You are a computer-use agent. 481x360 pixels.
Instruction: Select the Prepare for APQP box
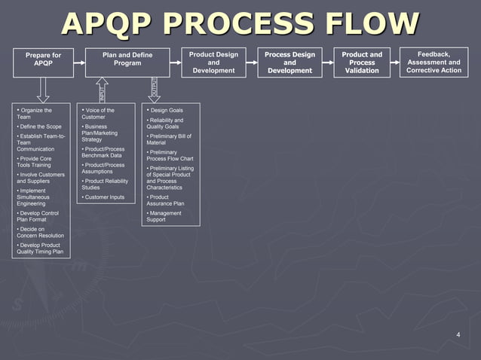pos(43,62)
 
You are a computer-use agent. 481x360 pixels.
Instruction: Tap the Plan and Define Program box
pos(127,62)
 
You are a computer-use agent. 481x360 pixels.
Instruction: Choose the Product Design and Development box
pos(213,63)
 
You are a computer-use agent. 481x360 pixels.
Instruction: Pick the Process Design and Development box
pos(290,63)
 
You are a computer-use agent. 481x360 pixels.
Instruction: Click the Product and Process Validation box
pos(362,63)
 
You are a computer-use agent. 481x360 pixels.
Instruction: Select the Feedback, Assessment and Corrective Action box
pos(434,62)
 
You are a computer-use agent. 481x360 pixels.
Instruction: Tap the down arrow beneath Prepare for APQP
pos(43,89)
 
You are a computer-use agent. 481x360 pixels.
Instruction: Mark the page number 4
pos(458,334)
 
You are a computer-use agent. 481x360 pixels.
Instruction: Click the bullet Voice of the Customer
pos(99,114)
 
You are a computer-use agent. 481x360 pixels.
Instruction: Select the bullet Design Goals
pos(166,111)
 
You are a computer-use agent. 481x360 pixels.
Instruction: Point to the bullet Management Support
pos(165,216)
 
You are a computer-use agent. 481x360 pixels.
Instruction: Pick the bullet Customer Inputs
pos(104,197)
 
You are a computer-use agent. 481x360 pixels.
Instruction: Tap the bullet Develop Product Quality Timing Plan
pos(41,249)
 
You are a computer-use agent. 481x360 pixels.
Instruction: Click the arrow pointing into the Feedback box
pos(398,63)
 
